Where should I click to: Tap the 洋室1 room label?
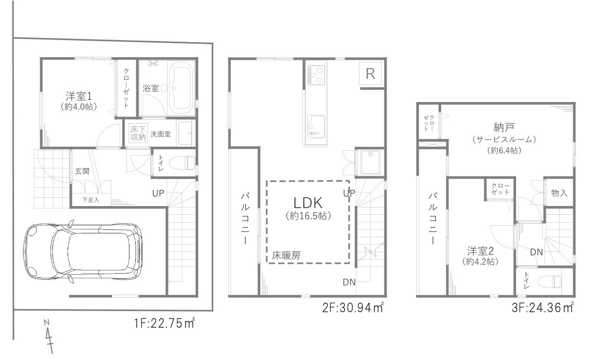point(79,96)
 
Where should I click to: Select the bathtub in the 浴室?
point(181,89)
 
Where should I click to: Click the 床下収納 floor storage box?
point(138,133)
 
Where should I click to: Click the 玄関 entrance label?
point(82,171)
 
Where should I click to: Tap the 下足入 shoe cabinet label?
point(91,200)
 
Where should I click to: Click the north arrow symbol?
point(48,336)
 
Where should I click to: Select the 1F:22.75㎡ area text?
point(164,323)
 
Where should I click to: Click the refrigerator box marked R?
point(370,73)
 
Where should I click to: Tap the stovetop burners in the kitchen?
point(316,75)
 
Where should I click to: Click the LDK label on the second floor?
point(308,203)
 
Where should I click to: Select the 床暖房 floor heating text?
point(286,256)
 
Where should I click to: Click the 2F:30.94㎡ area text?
point(353,307)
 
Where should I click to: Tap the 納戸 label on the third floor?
point(504,127)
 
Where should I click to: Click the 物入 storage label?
point(559,193)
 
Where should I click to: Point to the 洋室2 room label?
point(481,251)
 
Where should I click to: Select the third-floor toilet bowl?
point(550,281)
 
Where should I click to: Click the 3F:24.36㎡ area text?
point(543,307)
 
